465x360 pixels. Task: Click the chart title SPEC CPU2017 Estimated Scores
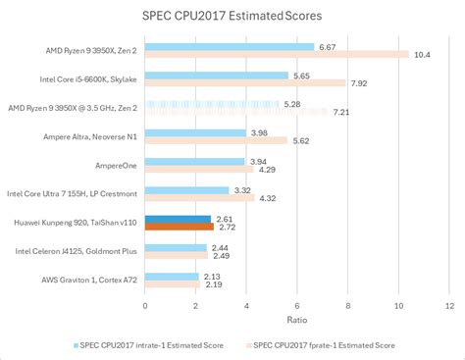tap(232, 17)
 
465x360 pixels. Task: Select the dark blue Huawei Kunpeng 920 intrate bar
tap(178, 220)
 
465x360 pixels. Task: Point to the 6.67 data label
tap(329, 46)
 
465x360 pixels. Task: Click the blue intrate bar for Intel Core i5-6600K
tap(217, 76)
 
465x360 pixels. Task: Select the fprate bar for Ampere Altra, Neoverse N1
tap(216, 140)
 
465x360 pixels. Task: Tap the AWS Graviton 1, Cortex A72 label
tap(86, 281)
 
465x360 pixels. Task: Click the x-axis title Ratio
tap(296, 319)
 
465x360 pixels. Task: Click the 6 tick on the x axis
tap(297, 304)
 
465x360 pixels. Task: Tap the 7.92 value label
tap(360, 83)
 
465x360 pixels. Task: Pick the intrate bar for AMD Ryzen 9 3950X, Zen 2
tap(230, 46)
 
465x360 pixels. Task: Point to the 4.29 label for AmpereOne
tap(268, 170)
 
